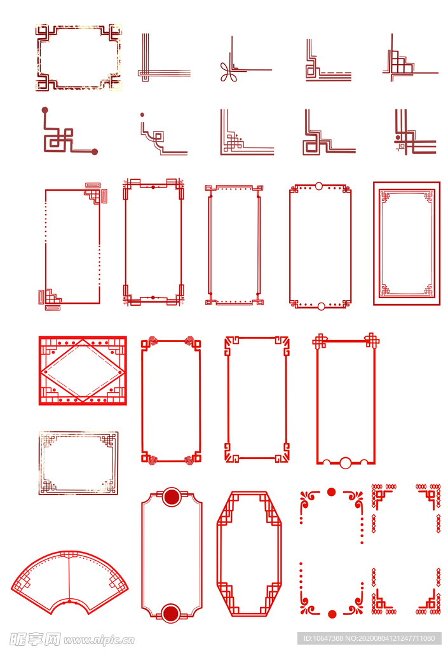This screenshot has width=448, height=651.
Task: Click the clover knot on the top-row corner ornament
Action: [227, 72]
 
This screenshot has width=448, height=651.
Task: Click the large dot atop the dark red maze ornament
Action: [44, 110]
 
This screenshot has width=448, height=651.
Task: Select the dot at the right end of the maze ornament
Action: [95, 151]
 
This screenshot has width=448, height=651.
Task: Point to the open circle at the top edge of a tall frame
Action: [318, 186]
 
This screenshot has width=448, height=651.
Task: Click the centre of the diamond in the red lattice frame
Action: [83, 371]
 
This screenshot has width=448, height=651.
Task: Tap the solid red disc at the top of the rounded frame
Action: [172, 497]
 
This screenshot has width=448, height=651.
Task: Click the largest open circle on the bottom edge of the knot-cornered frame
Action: [346, 463]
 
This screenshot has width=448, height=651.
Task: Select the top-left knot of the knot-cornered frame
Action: [320, 341]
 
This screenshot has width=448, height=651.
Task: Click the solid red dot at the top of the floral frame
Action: [331, 492]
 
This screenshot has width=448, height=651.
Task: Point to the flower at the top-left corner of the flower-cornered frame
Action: [153, 341]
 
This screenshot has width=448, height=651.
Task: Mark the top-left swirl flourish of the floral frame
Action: [309, 500]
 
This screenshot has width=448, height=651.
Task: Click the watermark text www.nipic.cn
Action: [99, 640]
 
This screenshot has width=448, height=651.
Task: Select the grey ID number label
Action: [369, 638]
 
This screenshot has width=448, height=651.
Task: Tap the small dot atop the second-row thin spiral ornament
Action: [142, 114]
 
